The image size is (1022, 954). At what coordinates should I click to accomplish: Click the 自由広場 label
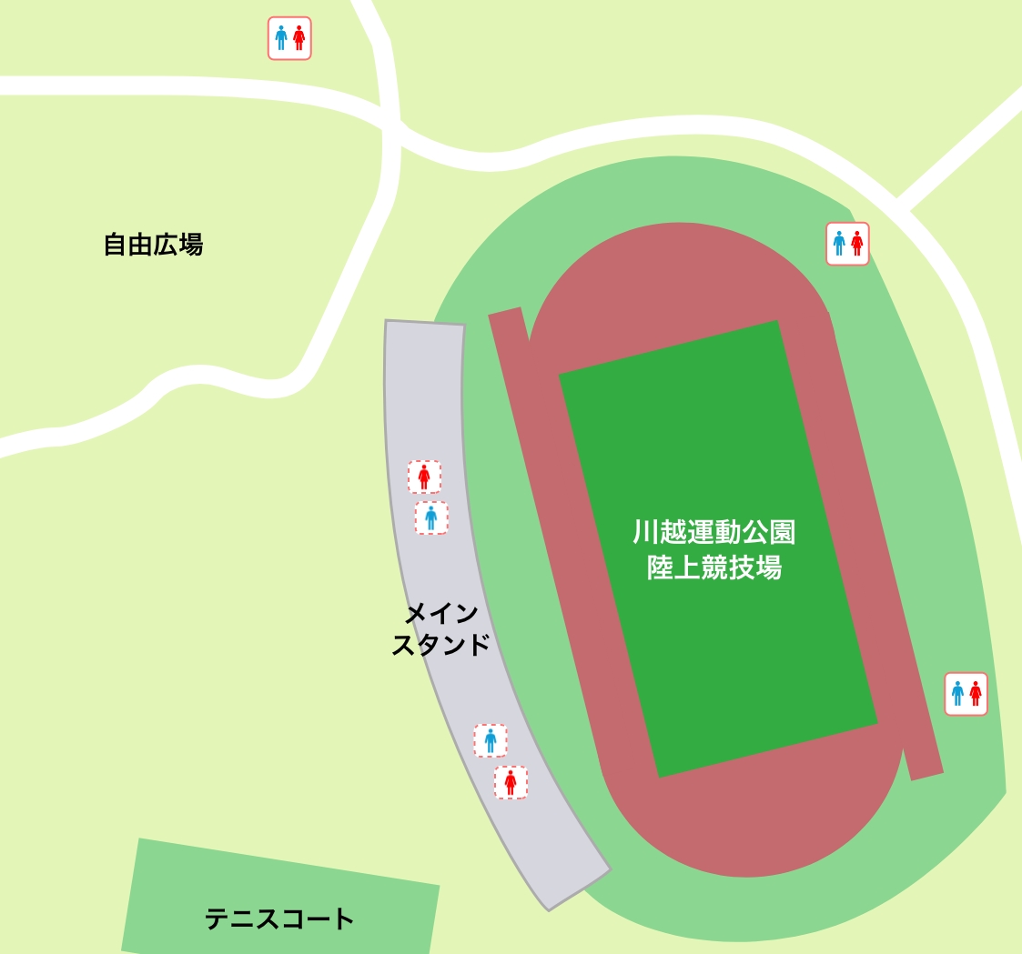153,245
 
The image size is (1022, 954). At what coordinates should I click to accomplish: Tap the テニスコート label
279,919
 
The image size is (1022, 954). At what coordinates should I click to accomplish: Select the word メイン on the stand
440,614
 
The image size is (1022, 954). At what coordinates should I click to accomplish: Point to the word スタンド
440,646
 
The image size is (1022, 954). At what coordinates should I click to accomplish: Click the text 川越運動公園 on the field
714,531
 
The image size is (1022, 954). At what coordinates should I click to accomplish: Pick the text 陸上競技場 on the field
714,568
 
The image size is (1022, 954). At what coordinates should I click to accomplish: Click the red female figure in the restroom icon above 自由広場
299,38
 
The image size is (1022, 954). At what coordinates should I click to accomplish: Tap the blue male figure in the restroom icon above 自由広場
280,38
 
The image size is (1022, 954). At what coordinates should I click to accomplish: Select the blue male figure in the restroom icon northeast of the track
839,244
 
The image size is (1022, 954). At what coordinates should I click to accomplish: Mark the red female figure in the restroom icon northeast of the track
856,244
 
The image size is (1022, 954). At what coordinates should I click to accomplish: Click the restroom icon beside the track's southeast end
966,694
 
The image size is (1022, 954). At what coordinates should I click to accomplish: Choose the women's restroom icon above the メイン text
424,477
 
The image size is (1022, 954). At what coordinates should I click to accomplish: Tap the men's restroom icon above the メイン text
431,517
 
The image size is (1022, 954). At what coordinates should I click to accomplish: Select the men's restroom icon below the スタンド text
491,740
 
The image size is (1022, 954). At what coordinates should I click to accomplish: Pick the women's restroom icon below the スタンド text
511,782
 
